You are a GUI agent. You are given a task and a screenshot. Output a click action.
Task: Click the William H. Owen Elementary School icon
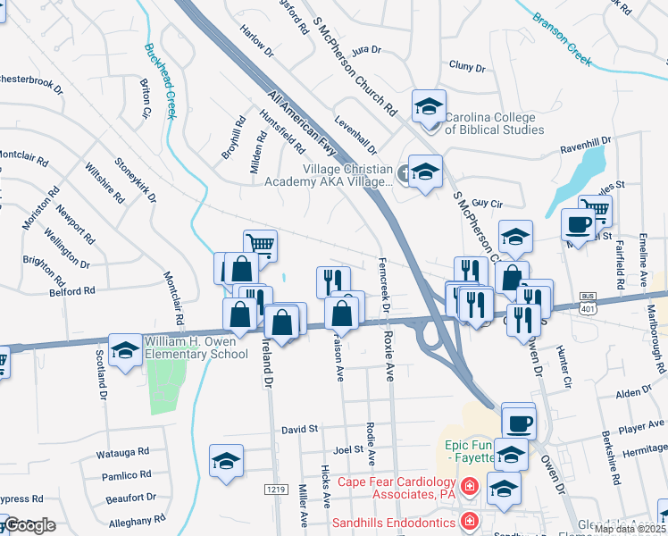click(x=125, y=349)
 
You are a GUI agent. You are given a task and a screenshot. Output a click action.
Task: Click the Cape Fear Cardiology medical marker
click(x=471, y=487)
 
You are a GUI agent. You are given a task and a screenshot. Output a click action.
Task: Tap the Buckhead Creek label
click(x=160, y=81)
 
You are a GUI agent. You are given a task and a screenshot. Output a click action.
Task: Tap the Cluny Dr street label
click(x=466, y=67)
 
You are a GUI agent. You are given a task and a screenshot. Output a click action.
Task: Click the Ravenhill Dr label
click(x=585, y=144)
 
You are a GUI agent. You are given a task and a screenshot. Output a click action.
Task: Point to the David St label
click(x=300, y=430)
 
